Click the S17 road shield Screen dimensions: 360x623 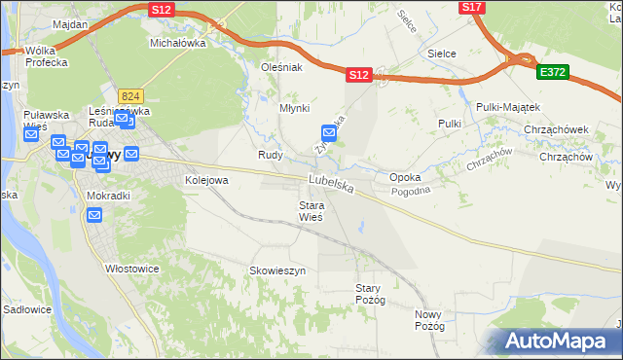point(472,7)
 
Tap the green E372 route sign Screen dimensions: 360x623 point(552,73)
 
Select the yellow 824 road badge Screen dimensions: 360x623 point(131,95)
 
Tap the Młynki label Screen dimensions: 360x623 point(295,109)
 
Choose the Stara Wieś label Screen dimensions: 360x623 point(311,211)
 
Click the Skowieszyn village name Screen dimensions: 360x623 point(277,270)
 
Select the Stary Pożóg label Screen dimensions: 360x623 point(371,294)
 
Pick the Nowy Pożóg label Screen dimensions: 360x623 point(428,320)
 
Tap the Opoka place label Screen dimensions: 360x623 point(405,178)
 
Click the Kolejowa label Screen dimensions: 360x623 point(206,180)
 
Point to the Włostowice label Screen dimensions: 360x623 point(131,268)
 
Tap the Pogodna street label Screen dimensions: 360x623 point(437,192)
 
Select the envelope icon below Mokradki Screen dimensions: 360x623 point(95,215)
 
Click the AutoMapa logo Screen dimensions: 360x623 point(556,341)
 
